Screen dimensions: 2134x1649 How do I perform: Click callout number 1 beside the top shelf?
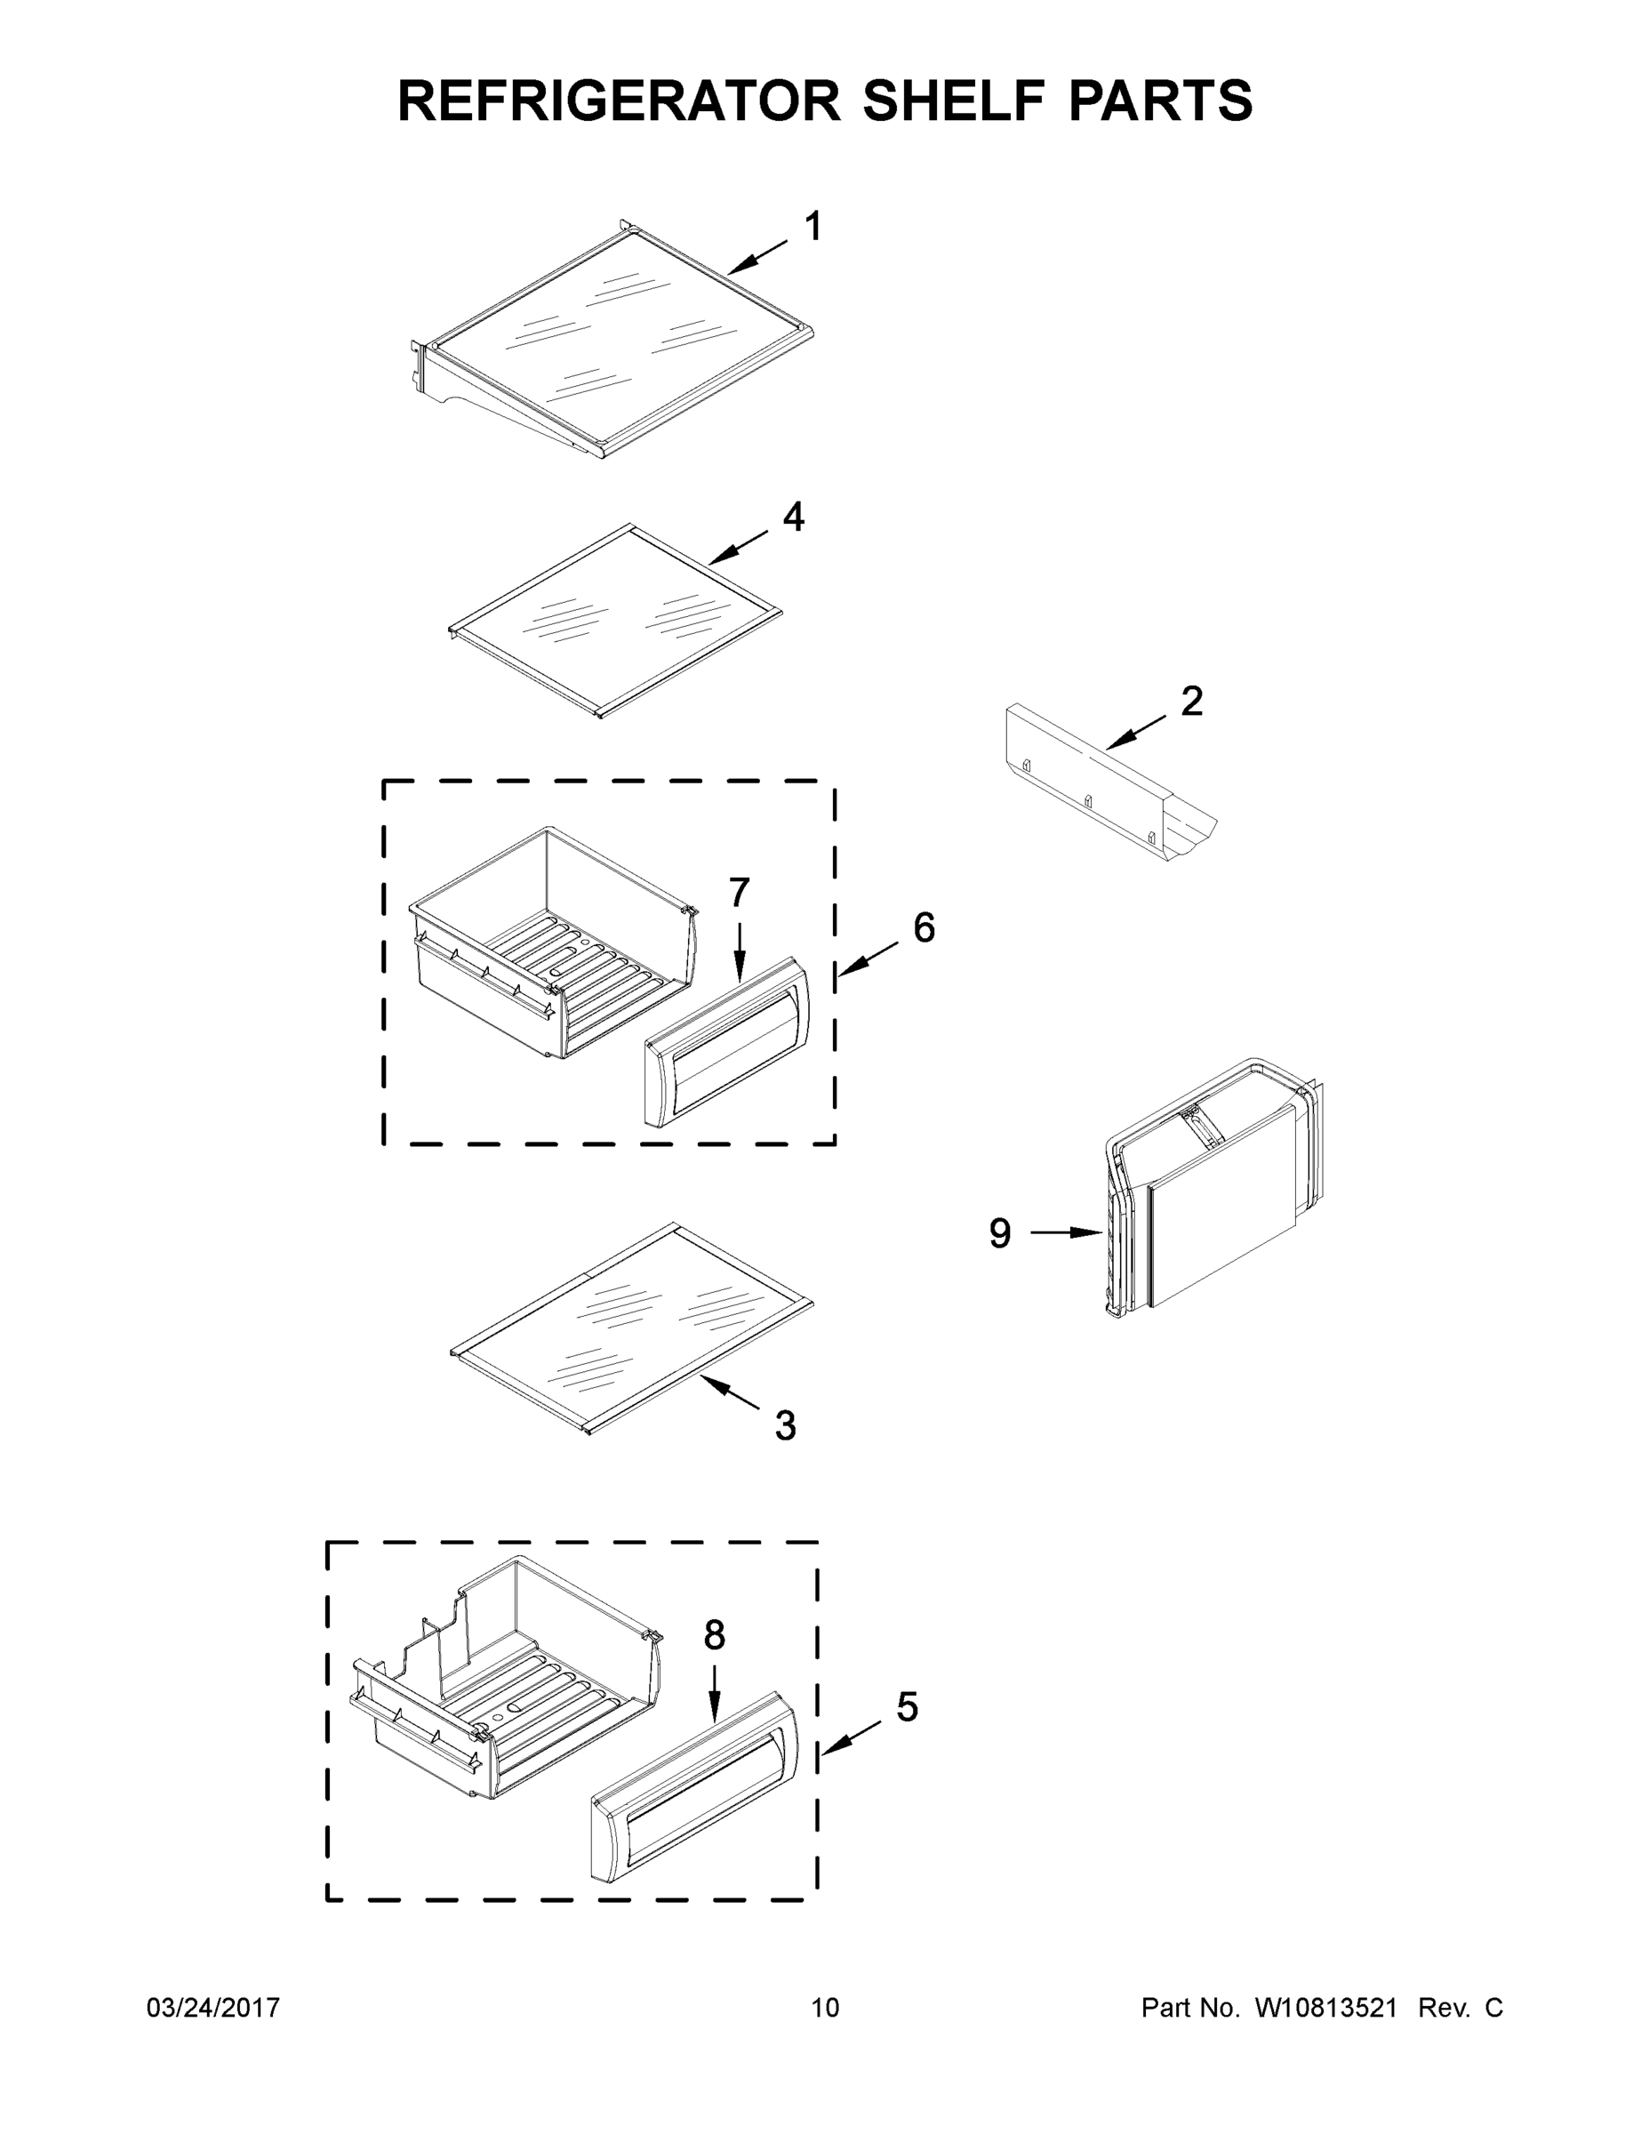(812, 227)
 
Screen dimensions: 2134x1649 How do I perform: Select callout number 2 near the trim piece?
(1191, 701)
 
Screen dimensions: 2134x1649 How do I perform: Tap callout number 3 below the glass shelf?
(786, 1425)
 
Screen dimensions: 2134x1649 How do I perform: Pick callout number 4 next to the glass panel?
(793, 517)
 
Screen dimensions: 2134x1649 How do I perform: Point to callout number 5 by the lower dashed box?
(907, 1707)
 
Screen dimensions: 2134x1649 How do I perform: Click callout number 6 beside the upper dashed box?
(923, 927)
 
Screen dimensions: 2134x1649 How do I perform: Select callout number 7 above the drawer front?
(740, 892)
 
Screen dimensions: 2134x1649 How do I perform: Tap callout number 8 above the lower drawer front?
(714, 1634)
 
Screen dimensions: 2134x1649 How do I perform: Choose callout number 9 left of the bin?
(999, 1233)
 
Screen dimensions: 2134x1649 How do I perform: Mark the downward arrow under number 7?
(740, 952)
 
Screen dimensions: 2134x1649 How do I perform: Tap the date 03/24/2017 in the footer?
(213, 2008)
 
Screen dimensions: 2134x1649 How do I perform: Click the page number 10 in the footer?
(825, 2008)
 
